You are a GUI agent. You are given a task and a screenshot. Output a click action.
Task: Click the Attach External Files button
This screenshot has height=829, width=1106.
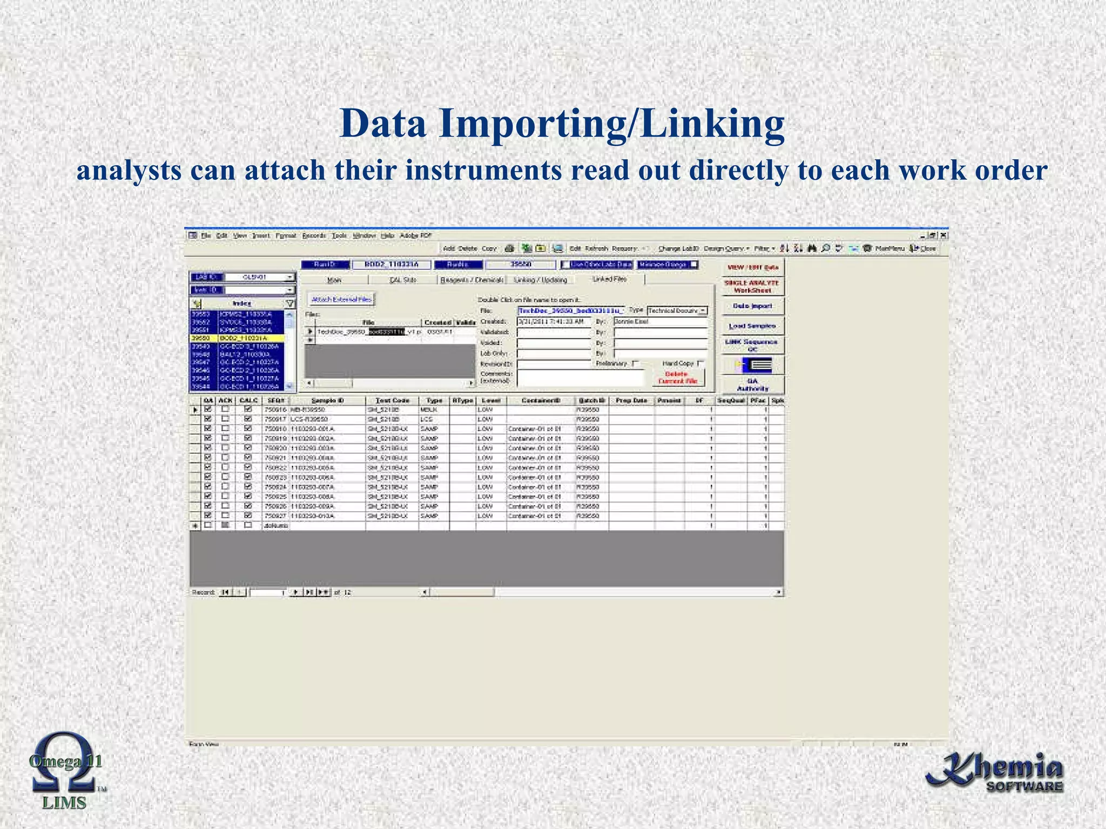341,300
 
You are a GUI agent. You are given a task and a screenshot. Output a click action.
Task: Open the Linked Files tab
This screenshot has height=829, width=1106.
610,279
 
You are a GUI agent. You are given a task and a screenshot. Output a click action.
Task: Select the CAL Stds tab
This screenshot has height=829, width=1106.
403,280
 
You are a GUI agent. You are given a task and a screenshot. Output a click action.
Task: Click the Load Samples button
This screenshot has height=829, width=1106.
752,326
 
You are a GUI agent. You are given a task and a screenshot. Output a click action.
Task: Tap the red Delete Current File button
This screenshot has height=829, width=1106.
677,377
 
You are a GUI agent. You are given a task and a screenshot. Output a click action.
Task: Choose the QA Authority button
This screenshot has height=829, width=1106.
752,384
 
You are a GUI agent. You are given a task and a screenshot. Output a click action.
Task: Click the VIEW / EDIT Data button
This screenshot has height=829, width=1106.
752,268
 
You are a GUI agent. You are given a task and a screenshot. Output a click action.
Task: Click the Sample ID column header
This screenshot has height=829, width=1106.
327,400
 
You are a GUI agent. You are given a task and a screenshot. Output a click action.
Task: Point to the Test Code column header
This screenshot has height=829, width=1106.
392,400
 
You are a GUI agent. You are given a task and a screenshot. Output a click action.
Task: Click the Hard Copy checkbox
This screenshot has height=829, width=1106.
700,363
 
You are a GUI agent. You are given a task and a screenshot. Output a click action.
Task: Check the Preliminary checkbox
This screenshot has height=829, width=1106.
635,364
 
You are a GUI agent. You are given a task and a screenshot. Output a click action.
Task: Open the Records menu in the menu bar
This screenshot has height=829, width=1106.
314,235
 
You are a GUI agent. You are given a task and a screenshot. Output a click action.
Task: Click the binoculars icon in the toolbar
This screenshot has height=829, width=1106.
812,248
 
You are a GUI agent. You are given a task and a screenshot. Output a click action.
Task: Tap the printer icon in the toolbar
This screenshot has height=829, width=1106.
509,248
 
